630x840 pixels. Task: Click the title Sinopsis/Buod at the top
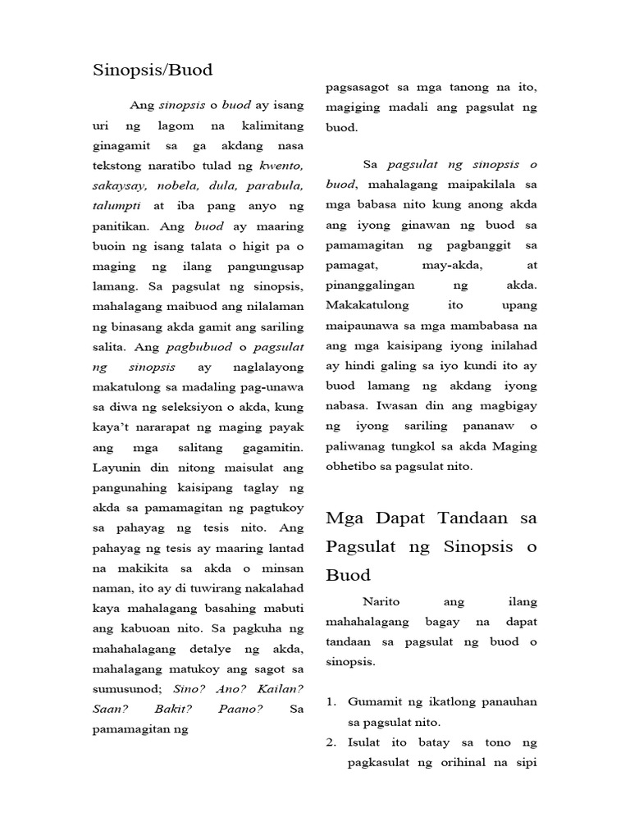point(153,71)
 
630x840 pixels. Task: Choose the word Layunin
point(115,467)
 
